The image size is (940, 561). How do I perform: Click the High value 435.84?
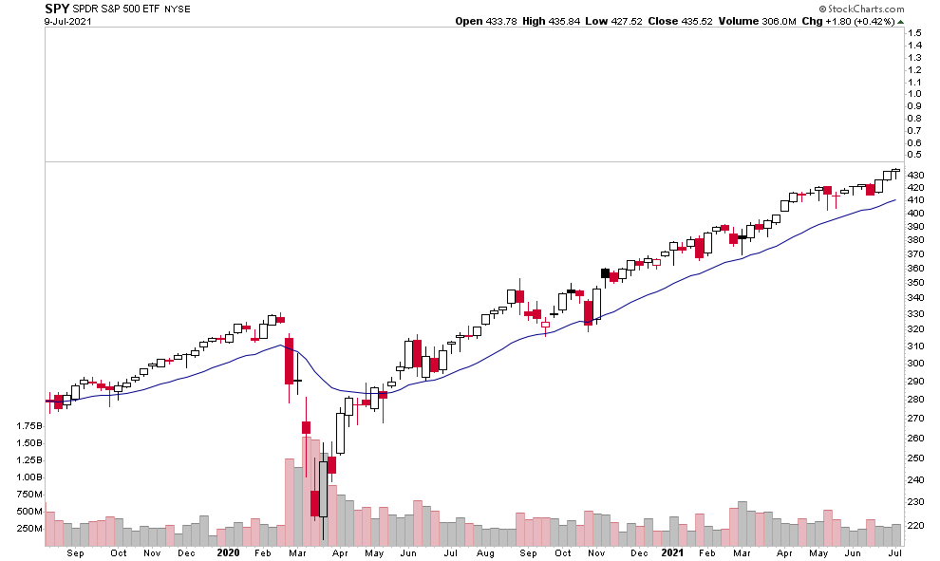557,21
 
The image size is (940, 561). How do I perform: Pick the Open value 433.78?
499,21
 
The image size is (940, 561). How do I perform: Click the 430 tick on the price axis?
915,176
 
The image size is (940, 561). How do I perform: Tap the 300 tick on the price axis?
915,363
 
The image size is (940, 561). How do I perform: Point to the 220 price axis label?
915,525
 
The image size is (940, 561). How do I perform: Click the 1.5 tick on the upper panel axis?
914,32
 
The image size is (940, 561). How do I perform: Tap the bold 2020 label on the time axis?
228,552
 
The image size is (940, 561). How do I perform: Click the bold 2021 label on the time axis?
672,552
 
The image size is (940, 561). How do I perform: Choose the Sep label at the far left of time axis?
77,552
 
